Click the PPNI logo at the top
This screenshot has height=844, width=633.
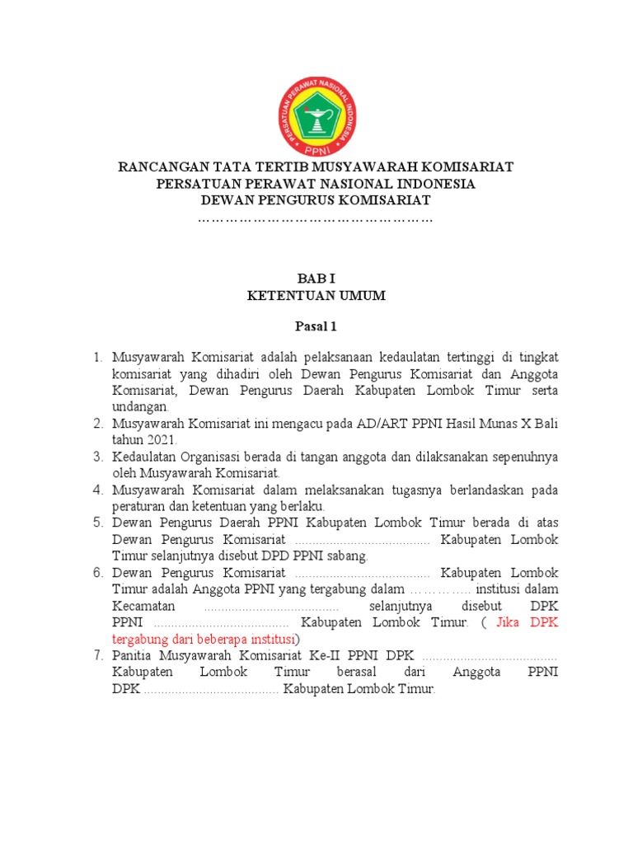[316, 108]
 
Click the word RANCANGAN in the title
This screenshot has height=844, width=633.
[158, 167]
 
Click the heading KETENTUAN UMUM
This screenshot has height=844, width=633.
[316, 296]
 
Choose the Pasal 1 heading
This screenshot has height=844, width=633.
[316, 327]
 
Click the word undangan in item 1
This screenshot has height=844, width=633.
[140, 407]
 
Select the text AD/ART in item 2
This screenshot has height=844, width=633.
[377, 424]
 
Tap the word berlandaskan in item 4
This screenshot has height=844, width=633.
[475, 490]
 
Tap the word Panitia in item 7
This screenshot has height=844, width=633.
[133, 656]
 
